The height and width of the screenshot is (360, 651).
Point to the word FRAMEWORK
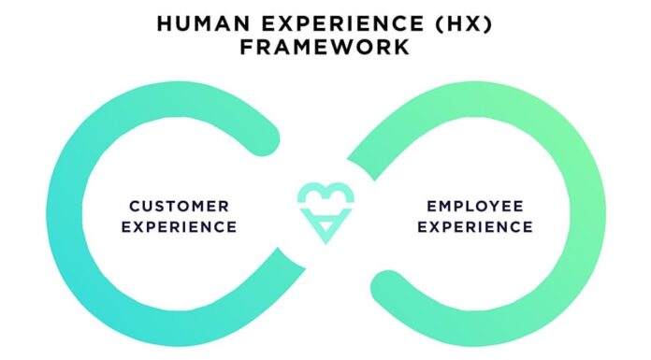tap(325, 47)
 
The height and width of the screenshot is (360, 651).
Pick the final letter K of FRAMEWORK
tap(402, 47)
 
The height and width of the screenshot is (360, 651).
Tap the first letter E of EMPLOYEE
tap(431, 206)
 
